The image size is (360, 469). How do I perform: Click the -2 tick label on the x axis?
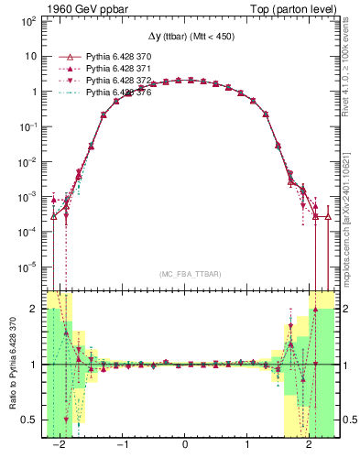click(60, 445)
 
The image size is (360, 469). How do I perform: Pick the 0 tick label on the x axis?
click(186, 445)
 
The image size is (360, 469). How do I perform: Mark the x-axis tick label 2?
click(309, 445)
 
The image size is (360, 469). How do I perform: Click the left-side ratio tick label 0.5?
click(30, 420)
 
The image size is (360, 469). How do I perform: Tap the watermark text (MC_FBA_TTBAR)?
click(186, 275)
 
